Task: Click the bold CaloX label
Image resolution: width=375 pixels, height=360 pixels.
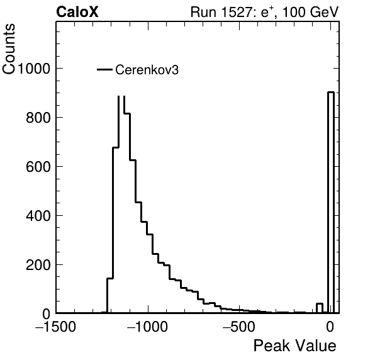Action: (x=77, y=12)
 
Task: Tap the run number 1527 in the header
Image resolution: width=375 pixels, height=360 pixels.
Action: (x=236, y=12)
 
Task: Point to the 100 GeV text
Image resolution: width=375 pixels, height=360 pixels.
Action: (x=310, y=12)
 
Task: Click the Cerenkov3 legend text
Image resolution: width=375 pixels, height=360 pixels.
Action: (x=147, y=70)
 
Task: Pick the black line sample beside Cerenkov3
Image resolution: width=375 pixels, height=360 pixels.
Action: (x=104, y=70)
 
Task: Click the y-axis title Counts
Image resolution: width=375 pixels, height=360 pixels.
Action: (x=9, y=49)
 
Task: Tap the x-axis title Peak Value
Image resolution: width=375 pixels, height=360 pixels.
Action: (x=294, y=346)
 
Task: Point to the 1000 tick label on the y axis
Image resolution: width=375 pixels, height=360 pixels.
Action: (x=33, y=69)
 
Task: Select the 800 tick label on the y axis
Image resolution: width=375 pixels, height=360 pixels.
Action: (x=38, y=118)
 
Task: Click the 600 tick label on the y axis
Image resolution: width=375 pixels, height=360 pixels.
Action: (x=38, y=167)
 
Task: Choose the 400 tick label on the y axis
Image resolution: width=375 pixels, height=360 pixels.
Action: (x=38, y=216)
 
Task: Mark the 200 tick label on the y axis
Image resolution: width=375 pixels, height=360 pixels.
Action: (x=38, y=265)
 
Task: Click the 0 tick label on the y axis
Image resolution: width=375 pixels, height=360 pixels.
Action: (x=47, y=314)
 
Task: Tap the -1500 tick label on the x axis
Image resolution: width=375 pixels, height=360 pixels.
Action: (x=55, y=327)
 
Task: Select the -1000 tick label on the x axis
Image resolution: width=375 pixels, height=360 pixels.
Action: (x=148, y=327)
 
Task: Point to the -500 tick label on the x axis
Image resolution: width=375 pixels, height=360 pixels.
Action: (x=239, y=327)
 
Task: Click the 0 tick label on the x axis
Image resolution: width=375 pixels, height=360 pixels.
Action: (x=330, y=327)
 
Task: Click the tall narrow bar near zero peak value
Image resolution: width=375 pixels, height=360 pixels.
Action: (x=331, y=202)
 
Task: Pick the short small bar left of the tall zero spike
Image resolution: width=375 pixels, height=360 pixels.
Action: (x=320, y=308)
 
